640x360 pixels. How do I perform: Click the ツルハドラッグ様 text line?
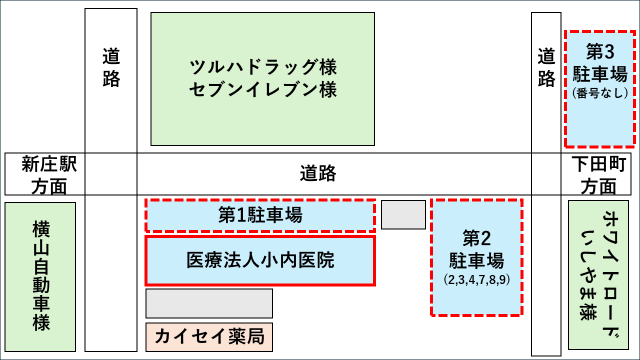point(263,66)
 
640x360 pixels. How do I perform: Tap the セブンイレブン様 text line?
point(263,90)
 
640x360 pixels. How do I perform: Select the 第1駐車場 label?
point(260,216)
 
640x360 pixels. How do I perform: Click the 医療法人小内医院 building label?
point(260,260)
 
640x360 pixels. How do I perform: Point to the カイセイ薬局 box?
point(209,336)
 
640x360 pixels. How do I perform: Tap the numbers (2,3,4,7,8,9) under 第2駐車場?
point(476,280)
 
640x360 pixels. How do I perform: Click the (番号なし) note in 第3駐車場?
point(599,93)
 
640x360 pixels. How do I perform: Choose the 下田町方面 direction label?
point(598,174)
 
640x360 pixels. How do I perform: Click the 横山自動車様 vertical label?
point(40,276)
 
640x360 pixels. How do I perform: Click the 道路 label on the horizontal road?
point(318,174)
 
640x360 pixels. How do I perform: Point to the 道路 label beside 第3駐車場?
point(546,67)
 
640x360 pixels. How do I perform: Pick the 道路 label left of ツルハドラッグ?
point(111,67)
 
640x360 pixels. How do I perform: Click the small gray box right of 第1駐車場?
point(403,214)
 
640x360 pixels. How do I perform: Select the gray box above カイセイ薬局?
point(209,303)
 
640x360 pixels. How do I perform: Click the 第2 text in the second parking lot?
point(476,239)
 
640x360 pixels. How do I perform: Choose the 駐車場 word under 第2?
point(476,261)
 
